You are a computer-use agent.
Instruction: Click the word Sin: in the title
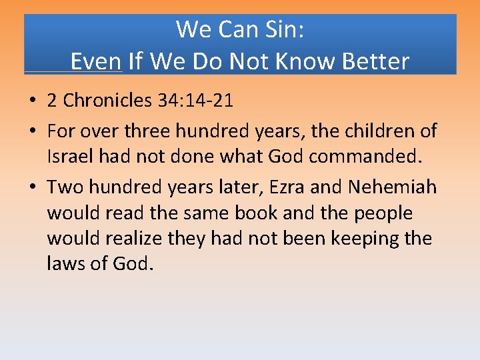pos(282,29)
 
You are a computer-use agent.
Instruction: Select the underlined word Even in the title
pos(96,62)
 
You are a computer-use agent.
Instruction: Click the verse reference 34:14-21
pos(196,101)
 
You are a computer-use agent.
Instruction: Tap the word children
pos(373,131)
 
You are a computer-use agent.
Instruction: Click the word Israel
pos(69,157)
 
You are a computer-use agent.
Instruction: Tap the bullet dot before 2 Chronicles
pos(33,101)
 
